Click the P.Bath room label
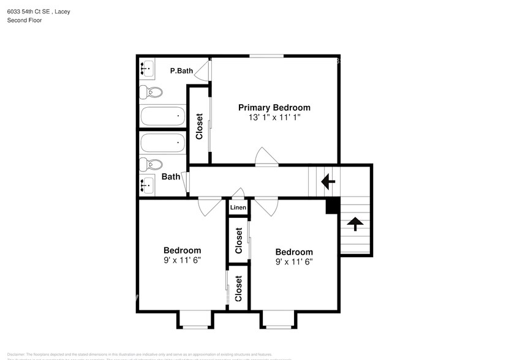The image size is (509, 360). click(x=181, y=71)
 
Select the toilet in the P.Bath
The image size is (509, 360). click(x=150, y=93)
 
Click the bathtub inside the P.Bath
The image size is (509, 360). click(x=162, y=116)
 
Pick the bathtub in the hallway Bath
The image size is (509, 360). click(x=162, y=143)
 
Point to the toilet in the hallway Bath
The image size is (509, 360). click(x=150, y=165)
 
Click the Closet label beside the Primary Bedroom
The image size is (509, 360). click(x=199, y=127)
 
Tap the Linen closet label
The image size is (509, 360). click(x=238, y=208)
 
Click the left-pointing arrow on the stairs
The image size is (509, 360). click(x=328, y=181)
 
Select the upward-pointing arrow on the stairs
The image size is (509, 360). click(x=353, y=224)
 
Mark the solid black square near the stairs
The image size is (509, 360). click(x=331, y=206)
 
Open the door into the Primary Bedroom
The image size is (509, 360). click(x=267, y=157)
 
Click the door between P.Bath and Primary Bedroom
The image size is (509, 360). click(x=205, y=70)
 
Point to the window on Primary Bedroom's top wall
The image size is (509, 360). click(x=266, y=56)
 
